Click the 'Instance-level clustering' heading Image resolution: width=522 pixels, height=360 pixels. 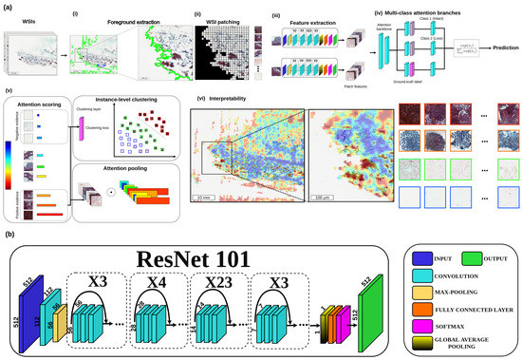coord(142,98)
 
